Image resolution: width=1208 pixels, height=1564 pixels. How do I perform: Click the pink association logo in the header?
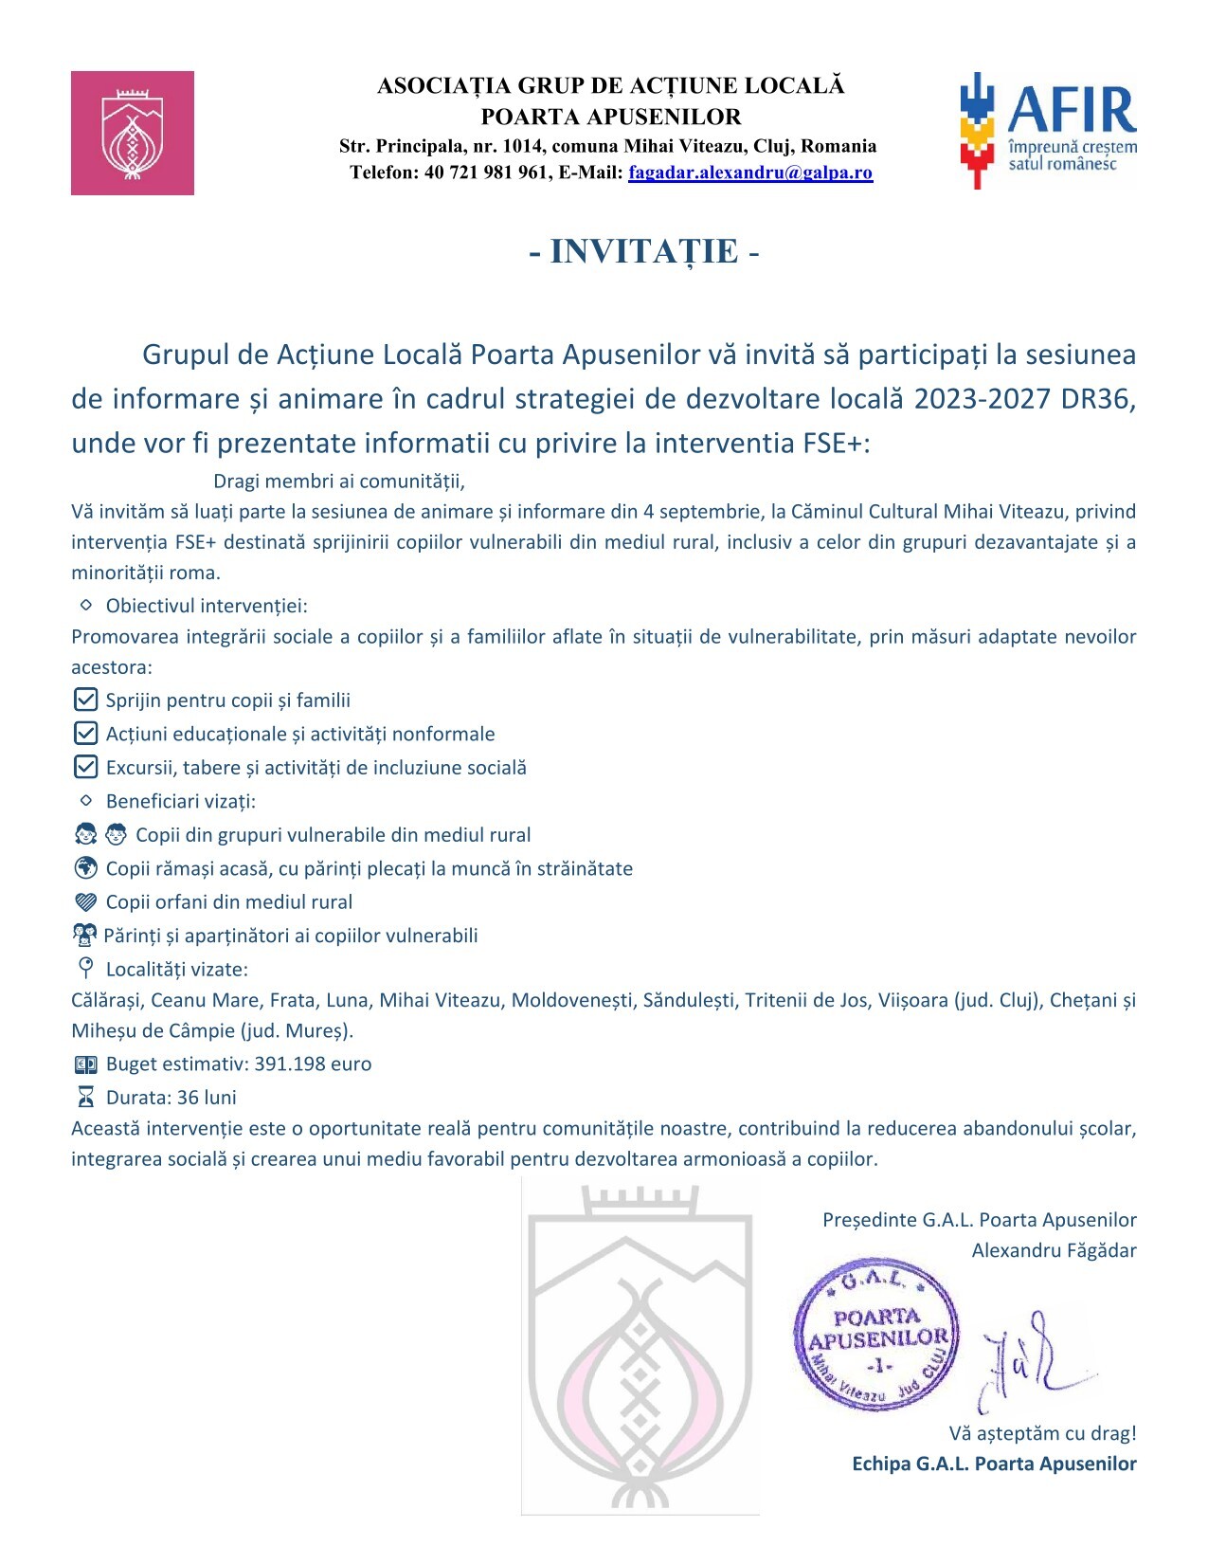[x=133, y=133]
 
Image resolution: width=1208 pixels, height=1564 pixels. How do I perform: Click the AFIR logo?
[x=1048, y=130]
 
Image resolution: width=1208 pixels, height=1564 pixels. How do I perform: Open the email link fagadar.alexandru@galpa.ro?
[x=749, y=173]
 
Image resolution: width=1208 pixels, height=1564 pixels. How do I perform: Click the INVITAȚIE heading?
[x=644, y=251]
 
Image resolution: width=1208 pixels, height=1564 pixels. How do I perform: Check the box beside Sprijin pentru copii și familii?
[x=85, y=700]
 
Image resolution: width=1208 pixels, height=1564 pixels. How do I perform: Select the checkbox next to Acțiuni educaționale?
[x=85, y=734]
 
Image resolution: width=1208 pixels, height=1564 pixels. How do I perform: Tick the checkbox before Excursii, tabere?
[x=85, y=767]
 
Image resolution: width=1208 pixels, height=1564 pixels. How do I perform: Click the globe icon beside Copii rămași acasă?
[x=85, y=868]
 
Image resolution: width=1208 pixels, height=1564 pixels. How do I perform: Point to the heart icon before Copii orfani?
[x=85, y=902]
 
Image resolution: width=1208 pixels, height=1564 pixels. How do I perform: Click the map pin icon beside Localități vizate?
[x=85, y=968]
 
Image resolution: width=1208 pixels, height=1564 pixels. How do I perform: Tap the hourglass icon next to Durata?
[x=85, y=1098]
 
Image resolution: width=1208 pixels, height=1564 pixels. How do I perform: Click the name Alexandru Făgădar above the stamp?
[x=1054, y=1250]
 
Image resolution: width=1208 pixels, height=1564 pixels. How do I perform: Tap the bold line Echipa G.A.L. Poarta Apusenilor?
[x=994, y=1464]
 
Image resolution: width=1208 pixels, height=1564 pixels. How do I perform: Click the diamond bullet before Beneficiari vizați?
[x=86, y=801]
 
